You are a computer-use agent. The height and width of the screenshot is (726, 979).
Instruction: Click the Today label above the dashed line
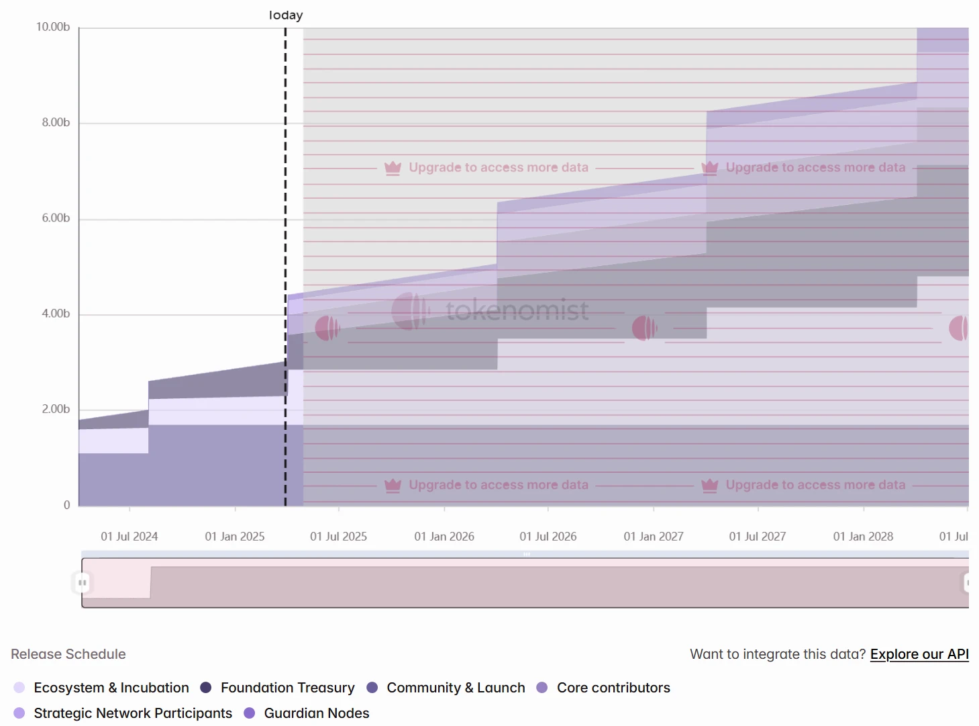(286, 15)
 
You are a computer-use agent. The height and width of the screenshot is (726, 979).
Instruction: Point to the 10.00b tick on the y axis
(53, 27)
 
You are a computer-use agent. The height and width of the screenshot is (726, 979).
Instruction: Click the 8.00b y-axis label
(56, 122)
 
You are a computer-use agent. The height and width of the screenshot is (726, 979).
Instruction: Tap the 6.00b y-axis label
(56, 218)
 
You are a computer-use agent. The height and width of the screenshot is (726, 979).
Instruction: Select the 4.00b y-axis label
(56, 314)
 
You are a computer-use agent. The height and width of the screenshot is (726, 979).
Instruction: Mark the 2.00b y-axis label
(56, 409)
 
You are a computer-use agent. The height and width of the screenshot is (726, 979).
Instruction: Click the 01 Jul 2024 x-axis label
(130, 537)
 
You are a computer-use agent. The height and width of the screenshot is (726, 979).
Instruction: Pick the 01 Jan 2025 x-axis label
(235, 537)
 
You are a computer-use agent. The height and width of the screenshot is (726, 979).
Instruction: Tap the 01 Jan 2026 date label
(444, 537)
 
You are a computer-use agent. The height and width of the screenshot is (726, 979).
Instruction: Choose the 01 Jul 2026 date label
(548, 537)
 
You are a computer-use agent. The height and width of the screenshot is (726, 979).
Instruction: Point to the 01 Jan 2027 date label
(654, 537)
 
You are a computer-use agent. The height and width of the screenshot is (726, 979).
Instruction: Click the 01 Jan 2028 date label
(863, 537)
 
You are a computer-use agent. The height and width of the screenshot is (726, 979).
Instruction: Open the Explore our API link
(919, 654)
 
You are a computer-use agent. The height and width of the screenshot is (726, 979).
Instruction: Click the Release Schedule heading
(68, 654)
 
